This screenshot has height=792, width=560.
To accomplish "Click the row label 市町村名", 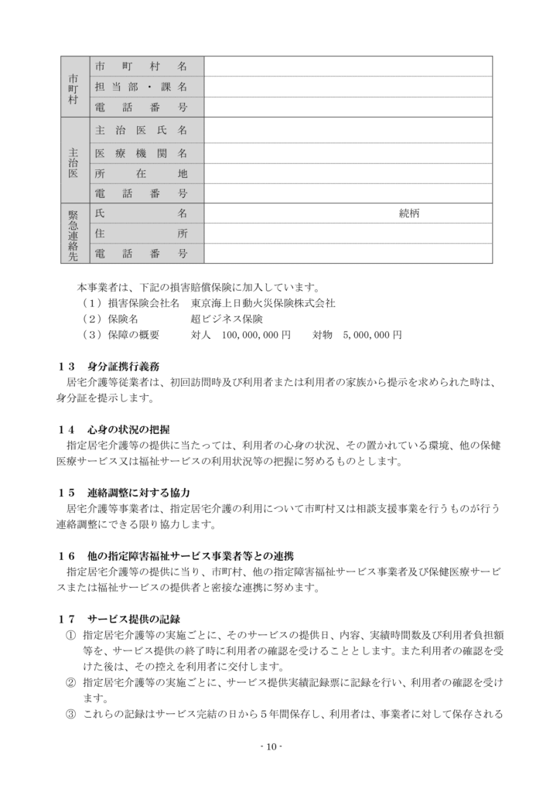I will pos(140,67).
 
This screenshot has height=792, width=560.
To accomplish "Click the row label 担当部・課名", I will pos(140,87).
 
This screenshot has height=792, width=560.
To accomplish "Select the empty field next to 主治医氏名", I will pos(348,129).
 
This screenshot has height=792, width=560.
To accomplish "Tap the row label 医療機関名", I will pos(140,152).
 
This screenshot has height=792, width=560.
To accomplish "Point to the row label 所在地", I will pos(140,174).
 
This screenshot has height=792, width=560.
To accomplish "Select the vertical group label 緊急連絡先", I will pos(73,234).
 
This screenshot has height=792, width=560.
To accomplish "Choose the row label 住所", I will pos(140,233).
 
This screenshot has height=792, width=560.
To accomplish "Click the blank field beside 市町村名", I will pos(348,67).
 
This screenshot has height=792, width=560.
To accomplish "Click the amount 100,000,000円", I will pos(256,335).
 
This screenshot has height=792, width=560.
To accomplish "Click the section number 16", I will pos(66,555).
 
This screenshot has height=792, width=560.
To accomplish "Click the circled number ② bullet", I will pos(70,682).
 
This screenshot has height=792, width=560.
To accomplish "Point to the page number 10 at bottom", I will pos(271,746).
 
